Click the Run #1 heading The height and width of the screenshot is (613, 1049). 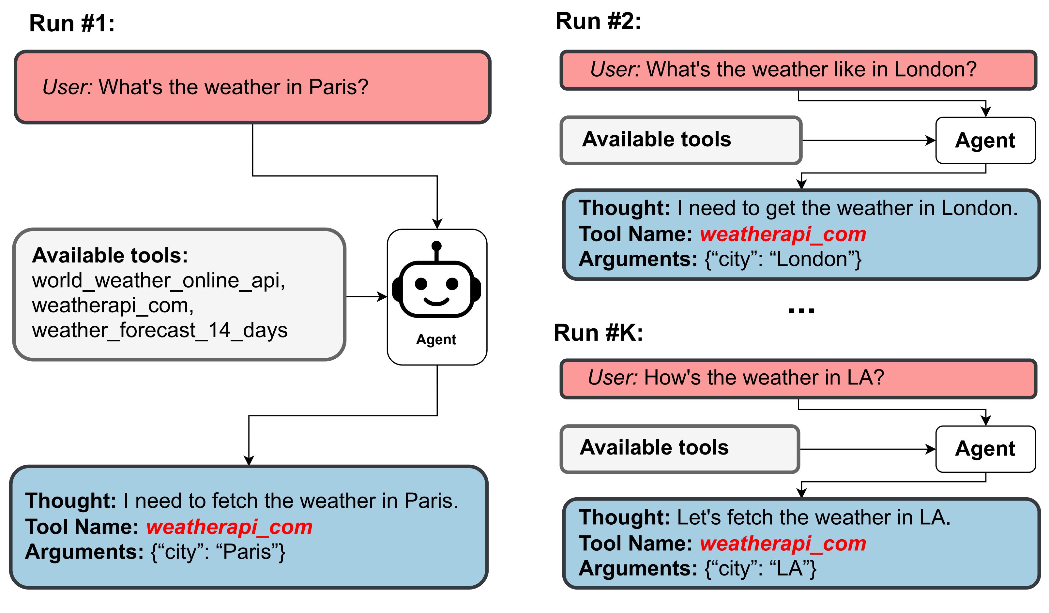tap(72, 23)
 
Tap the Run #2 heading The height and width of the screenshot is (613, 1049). tap(598, 21)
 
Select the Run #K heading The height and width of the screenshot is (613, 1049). tap(598, 333)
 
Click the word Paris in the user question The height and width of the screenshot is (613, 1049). tap(338, 87)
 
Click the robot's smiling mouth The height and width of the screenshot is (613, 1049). tap(436, 301)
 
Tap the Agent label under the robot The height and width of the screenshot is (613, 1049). tap(436, 339)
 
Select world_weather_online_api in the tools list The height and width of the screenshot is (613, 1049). tap(158, 280)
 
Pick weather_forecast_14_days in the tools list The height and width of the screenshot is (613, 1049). tap(160, 330)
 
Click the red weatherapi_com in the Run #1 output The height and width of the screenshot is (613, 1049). tap(229, 527)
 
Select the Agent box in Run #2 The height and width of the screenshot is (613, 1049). tap(985, 141)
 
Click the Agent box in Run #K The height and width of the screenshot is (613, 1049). tap(985, 449)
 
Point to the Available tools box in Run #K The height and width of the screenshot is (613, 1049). tap(679, 449)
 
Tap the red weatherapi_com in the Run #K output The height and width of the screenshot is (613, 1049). tap(783, 544)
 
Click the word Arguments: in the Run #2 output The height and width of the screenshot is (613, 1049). tap(638, 259)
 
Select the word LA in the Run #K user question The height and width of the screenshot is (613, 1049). tap(865, 378)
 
